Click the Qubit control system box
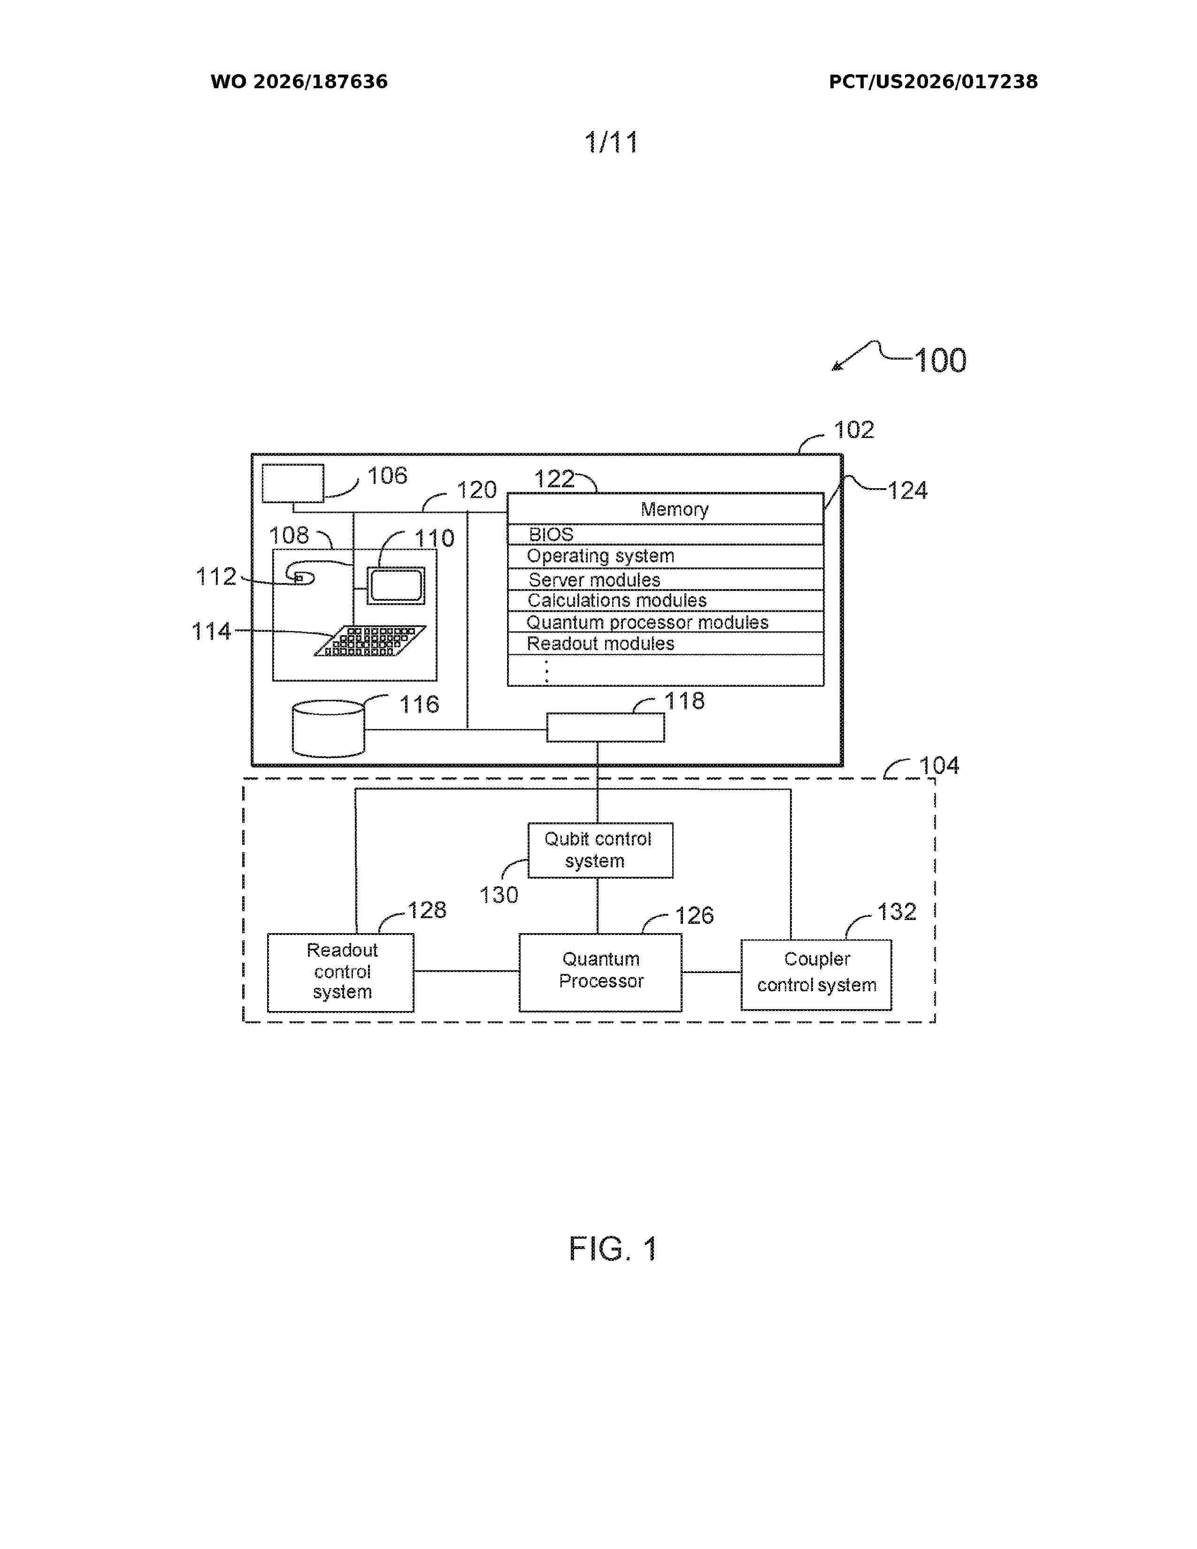click(x=600, y=850)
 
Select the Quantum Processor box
click(x=600, y=972)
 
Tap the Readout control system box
click(x=340, y=972)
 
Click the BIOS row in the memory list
click(x=665, y=534)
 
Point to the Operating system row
click(x=665, y=556)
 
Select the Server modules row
click(x=665, y=579)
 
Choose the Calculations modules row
click(x=665, y=600)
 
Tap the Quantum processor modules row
click(x=665, y=622)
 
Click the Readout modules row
click(x=665, y=643)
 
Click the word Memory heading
click(x=675, y=509)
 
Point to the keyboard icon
click(x=369, y=640)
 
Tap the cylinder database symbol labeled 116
click(x=328, y=728)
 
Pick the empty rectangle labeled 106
click(x=293, y=483)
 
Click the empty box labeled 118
click(x=605, y=728)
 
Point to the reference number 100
click(x=940, y=360)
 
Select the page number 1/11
click(x=611, y=143)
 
